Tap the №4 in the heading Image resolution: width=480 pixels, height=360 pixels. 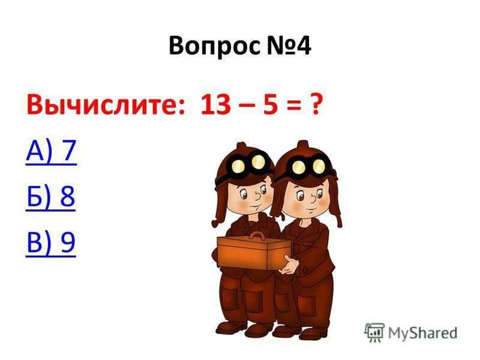(x=287, y=47)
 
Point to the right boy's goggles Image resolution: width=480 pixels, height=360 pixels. (x=309, y=164)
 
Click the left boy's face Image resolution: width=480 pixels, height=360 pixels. (x=249, y=195)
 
